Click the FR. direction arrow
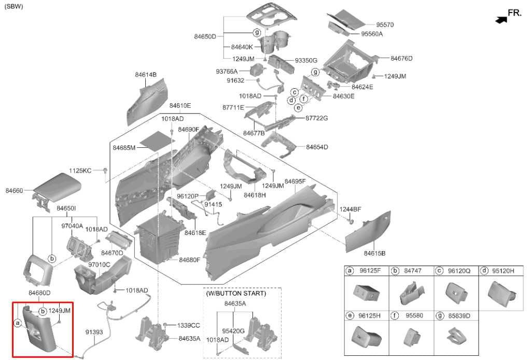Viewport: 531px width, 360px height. point(501,20)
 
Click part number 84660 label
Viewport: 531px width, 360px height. point(14,191)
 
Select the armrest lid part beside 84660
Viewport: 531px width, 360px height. point(57,190)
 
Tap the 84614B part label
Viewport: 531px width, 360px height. point(146,75)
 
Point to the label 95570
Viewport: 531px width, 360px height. point(385,25)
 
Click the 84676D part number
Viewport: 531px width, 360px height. point(402,58)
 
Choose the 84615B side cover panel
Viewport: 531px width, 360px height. point(368,231)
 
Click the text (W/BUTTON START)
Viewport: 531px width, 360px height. point(236,293)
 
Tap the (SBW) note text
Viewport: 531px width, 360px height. point(13,6)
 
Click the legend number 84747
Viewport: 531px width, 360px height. point(413,271)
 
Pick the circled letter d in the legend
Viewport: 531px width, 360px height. point(485,271)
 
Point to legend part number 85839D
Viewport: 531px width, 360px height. point(459,315)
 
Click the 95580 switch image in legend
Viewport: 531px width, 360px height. point(412,337)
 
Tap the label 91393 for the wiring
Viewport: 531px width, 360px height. point(94,332)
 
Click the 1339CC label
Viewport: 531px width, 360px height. point(189,325)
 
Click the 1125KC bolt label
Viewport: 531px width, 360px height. point(80,171)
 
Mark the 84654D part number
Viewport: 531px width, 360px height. point(317,147)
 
